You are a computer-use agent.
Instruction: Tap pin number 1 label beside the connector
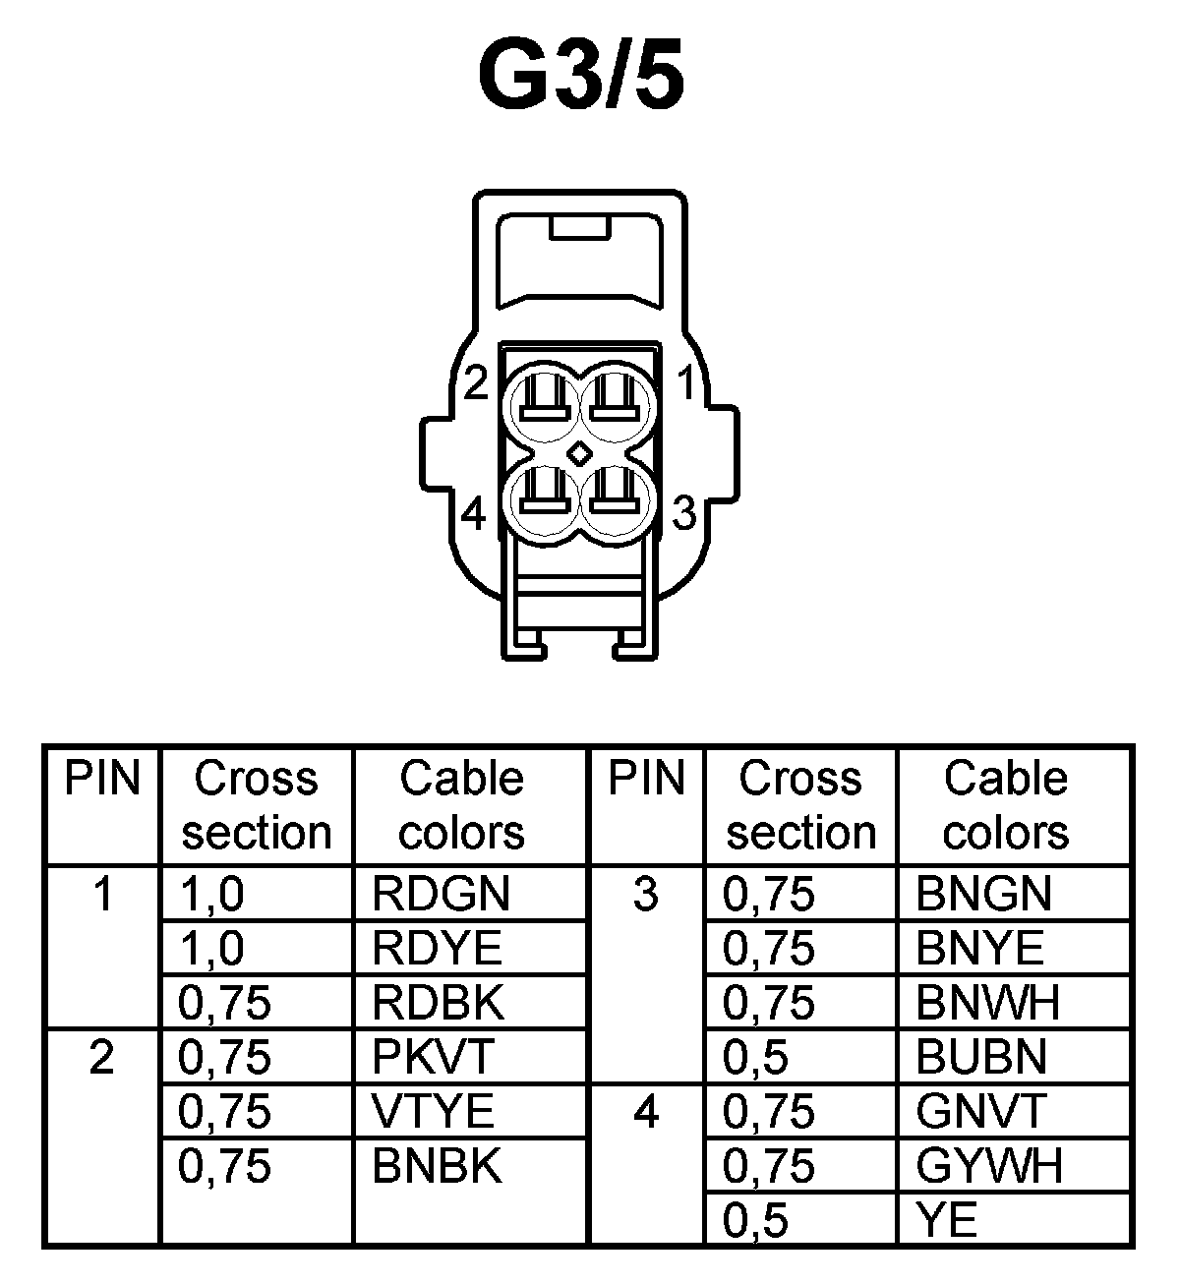pos(685,384)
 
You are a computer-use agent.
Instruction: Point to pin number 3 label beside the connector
pos(684,512)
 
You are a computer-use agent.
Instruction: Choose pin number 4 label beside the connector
pos(474,512)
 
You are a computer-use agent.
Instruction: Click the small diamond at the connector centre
pos(579,451)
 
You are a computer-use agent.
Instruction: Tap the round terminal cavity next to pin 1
pos(618,403)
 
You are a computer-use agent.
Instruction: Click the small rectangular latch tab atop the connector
pos(581,229)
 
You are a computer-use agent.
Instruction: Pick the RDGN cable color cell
pos(442,894)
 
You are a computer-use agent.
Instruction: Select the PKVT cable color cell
pos(433,1058)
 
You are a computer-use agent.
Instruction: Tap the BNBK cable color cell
pos(438,1167)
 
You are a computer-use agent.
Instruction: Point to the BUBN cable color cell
pos(981,1058)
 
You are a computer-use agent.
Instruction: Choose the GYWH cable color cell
pos(989,1167)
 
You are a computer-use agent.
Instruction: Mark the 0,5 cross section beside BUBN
pos(756,1058)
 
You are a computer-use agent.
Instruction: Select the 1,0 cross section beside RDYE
pos(211,949)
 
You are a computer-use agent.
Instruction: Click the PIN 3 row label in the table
pos(645,894)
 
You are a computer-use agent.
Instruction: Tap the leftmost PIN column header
pos(102,779)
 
